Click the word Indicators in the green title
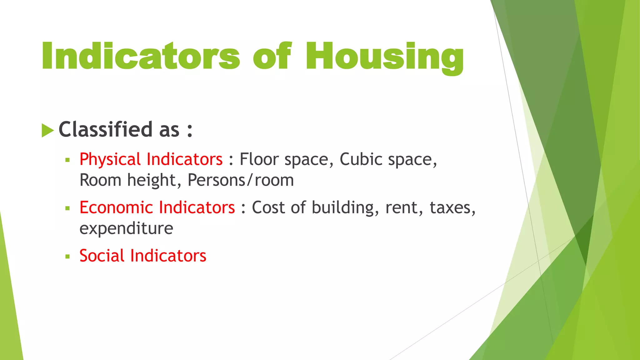point(141,56)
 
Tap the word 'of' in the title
point(272,56)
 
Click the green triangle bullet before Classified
point(47,130)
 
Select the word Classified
point(106,129)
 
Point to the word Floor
point(259,159)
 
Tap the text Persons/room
point(241,180)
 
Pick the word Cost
point(268,207)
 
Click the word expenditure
point(126,228)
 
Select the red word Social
point(102,256)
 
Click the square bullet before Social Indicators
point(67,257)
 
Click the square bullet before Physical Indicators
point(67,160)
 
